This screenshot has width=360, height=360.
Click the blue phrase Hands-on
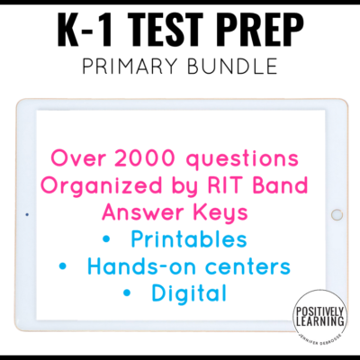(135, 267)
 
